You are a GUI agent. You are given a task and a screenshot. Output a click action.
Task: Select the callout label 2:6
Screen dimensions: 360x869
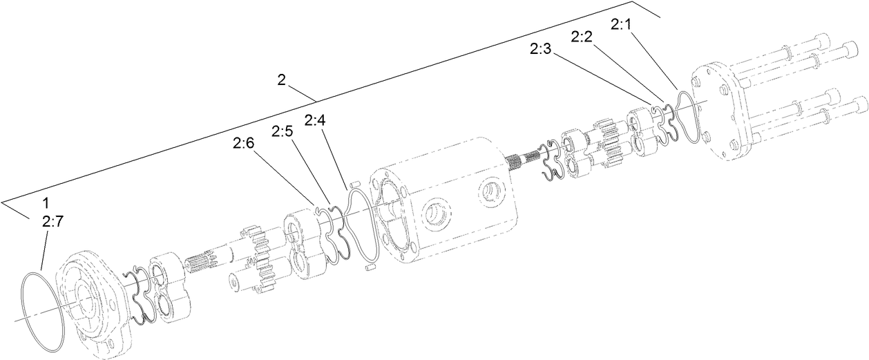(x=243, y=143)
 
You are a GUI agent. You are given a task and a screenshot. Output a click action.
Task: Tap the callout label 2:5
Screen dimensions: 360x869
(x=283, y=131)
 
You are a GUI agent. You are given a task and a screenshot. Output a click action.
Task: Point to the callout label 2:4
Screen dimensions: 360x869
(x=314, y=120)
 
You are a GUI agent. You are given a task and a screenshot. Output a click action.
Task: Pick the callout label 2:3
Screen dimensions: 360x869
(x=541, y=49)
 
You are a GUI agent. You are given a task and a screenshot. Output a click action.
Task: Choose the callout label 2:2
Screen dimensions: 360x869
(x=582, y=37)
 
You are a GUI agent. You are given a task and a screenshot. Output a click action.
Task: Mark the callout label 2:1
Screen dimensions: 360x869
(x=621, y=24)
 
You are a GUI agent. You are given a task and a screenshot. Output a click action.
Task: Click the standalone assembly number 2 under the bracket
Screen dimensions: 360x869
(x=281, y=79)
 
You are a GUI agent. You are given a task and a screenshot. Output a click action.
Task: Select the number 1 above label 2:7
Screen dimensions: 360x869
(x=46, y=204)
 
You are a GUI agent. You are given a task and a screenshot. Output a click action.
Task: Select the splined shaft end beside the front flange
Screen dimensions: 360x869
(x=200, y=263)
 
